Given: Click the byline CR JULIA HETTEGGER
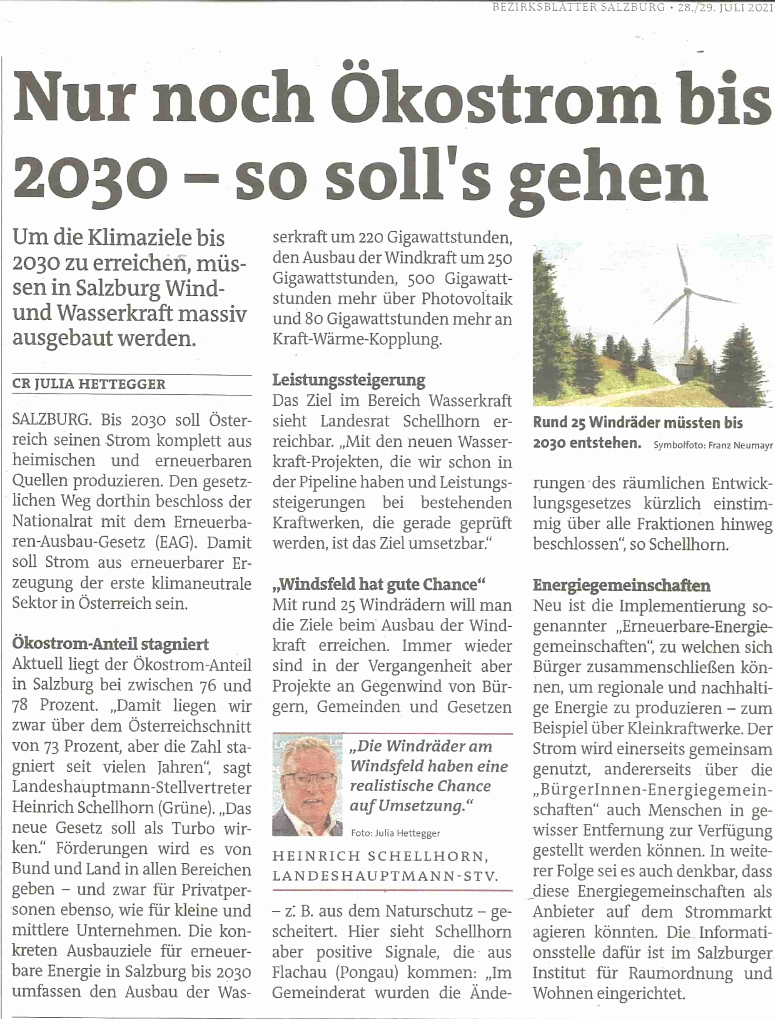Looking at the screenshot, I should pyautogui.click(x=89, y=384).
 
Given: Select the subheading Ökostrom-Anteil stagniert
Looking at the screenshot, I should pyautogui.click(x=110, y=643).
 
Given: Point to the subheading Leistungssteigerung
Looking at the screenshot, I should pyautogui.click(x=348, y=380).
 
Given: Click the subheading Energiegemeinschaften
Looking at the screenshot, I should pyautogui.click(x=621, y=585).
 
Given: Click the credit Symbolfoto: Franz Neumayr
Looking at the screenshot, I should pyautogui.click(x=713, y=445).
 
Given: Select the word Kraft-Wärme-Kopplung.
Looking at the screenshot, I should pyautogui.click(x=357, y=339).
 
